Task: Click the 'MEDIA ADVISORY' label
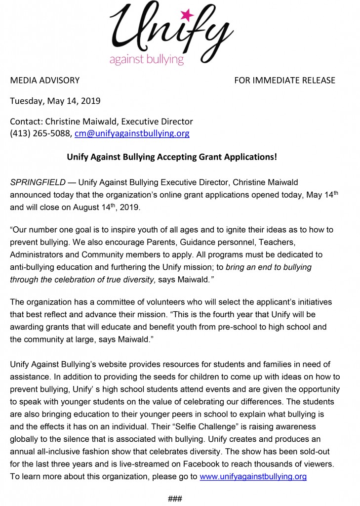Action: (x=45, y=80)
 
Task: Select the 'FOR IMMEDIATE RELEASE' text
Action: (x=284, y=80)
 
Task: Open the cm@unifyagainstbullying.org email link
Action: (x=132, y=133)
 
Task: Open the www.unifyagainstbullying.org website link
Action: (x=253, y=477)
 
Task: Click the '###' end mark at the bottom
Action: (x=175, y=498)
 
